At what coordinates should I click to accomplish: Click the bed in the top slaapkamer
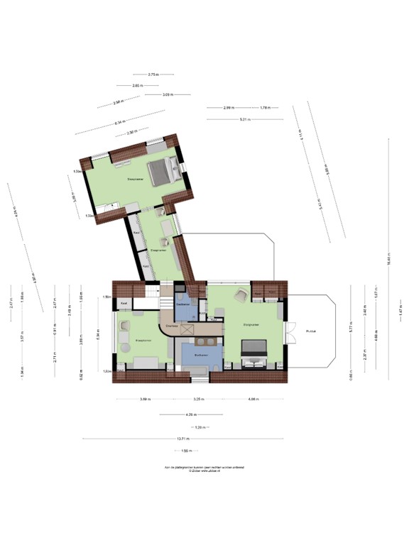point(166,170)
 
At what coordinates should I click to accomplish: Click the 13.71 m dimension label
point(183,439)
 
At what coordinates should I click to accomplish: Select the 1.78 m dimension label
point(263,108)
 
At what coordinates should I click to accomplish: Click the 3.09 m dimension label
point(168,94)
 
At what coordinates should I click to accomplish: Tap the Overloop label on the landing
point(171,325)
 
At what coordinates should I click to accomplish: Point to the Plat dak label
point(310,331)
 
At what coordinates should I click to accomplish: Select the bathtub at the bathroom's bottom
point(195,369)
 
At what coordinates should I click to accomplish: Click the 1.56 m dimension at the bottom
point(186,451)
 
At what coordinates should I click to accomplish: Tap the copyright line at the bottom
point(204,469)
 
